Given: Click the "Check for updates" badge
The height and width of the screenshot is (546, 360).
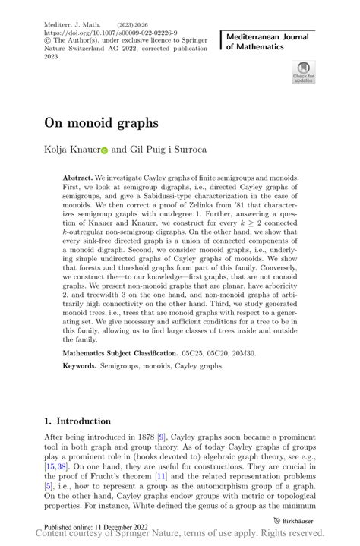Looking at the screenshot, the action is [x=304, y=72].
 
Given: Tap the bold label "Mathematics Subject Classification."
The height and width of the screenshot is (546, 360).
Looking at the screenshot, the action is [x=135, y=354].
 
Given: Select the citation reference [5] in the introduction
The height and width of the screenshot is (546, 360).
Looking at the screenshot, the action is [x=48, y=487].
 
